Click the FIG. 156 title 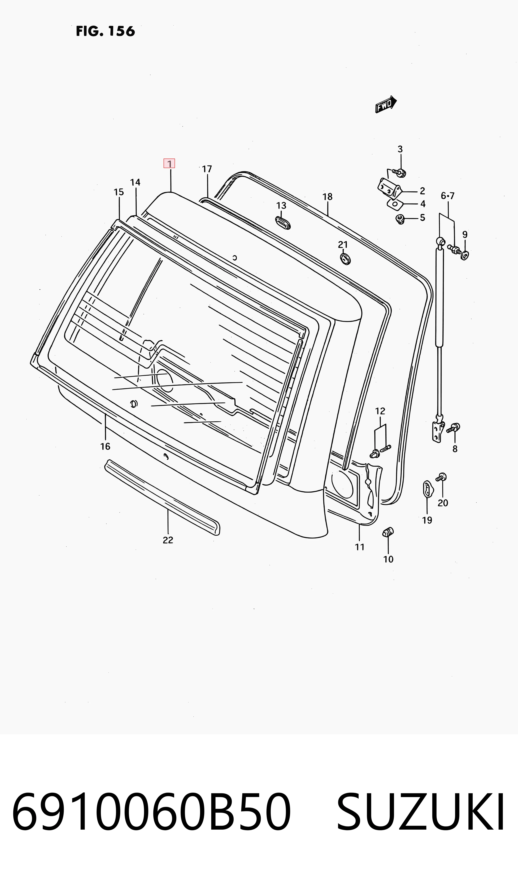click(x=105, y=31)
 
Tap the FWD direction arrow click(x=386, y=104)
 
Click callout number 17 click(x=207, y=169)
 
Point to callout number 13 click(x=281, y=206)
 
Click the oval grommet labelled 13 click(x=283, y=223)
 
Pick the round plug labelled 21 click(x=345, y=259)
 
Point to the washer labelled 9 click(x=465, y=255)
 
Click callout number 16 click(x=105, y=446)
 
